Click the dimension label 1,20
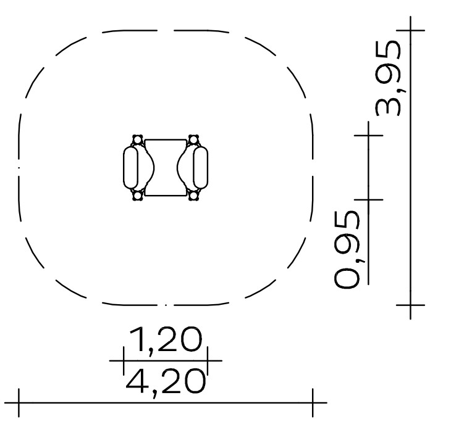pos(165,340)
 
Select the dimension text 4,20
pos(166,383)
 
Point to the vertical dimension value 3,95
pos(389,78)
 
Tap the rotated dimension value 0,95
pos(347,249)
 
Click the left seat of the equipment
pos(130,168)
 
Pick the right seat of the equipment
pos(201,168)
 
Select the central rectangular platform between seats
pos(166,168)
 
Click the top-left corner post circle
pos(138,140)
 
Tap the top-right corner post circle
pos(193,140)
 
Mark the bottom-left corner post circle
pos(138,196)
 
